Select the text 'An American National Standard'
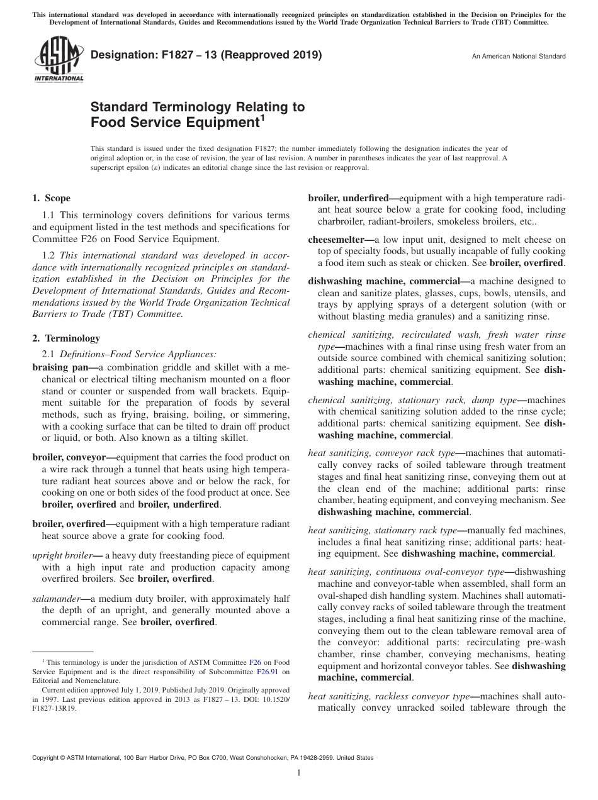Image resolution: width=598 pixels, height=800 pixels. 519,57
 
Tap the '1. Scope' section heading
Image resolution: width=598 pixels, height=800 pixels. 52,199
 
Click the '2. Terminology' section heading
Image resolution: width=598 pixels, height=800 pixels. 66,338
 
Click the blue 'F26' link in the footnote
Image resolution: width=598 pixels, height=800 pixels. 255,662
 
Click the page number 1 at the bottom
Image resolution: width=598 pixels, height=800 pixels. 299,773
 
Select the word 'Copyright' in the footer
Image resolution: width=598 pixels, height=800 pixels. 47,758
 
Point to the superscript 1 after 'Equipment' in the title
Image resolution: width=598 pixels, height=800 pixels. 262,117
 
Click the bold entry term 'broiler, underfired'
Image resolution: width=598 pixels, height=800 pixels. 351,198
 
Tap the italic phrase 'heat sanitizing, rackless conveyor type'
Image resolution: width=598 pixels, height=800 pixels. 389,696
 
